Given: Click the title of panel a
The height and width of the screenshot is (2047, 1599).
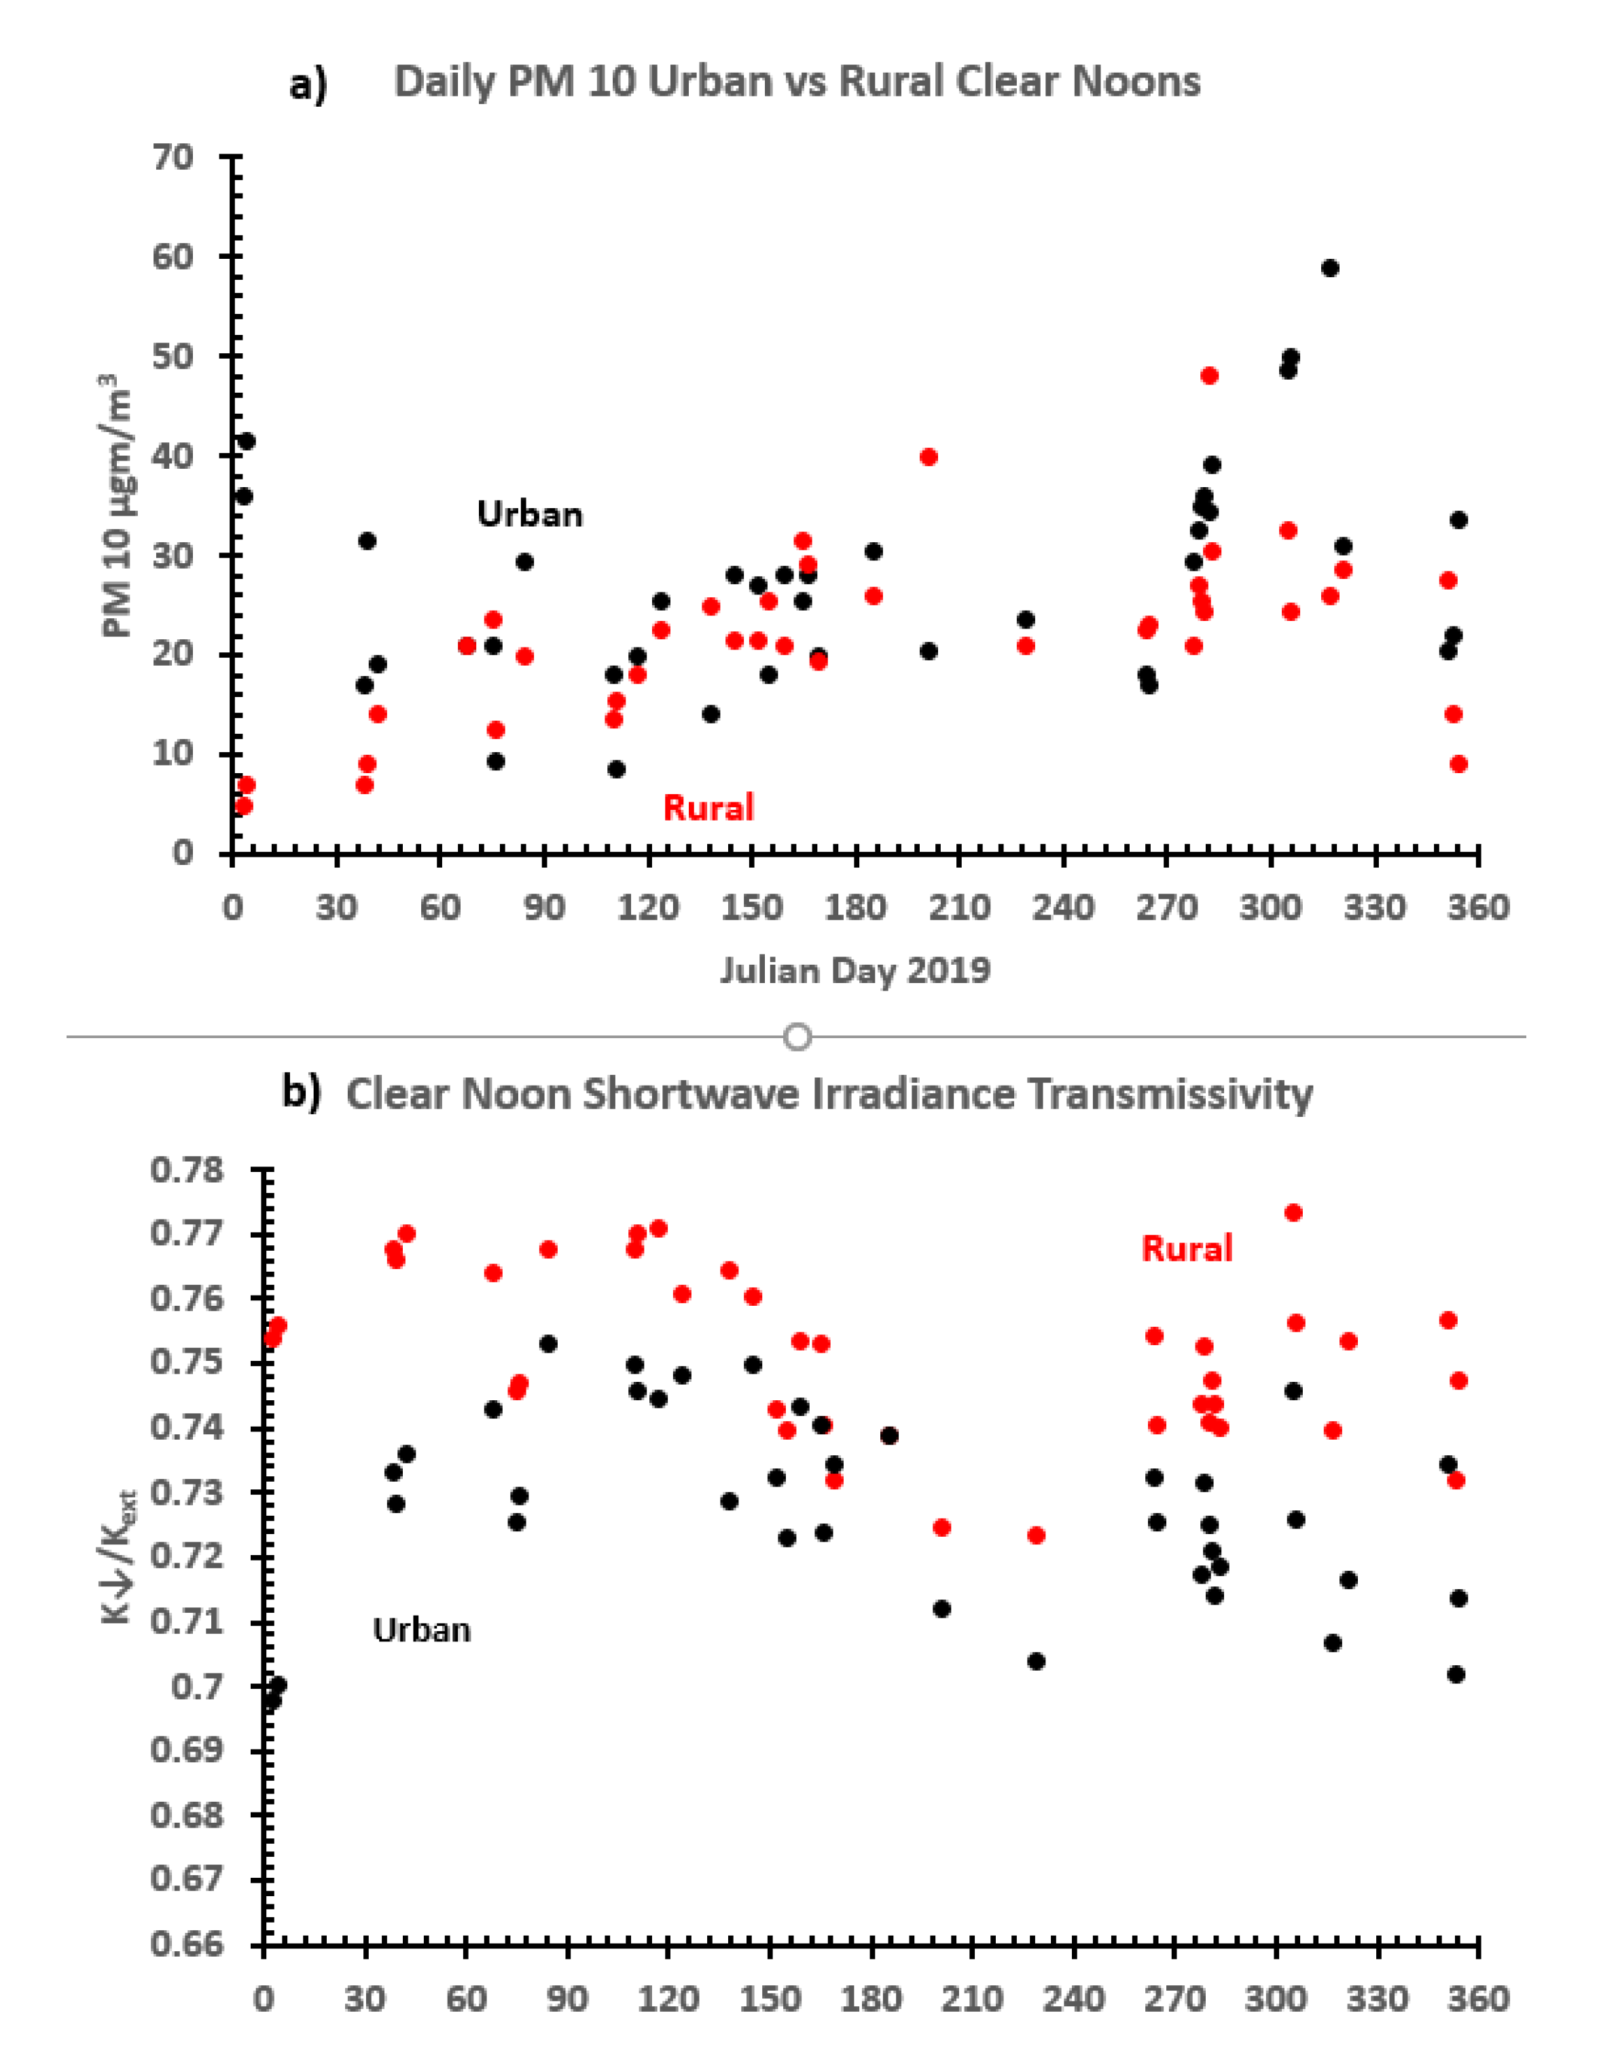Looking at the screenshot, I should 797,82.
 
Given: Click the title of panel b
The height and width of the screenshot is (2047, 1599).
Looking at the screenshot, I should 829,1094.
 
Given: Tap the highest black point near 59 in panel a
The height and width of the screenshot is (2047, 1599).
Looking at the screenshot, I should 1329,268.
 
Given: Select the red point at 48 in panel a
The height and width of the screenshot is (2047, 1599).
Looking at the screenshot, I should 1209,376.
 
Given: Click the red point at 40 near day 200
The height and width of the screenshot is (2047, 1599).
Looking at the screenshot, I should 929,457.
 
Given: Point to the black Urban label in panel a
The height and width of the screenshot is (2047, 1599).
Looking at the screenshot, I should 530,514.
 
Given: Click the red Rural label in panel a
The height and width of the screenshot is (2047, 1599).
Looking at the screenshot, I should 708,808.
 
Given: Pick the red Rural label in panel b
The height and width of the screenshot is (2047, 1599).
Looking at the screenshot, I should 1187,1249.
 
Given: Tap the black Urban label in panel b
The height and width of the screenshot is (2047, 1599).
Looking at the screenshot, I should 422,1631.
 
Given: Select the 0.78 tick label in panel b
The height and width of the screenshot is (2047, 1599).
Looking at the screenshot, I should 187,1171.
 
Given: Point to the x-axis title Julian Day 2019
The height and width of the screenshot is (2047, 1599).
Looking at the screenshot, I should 855,970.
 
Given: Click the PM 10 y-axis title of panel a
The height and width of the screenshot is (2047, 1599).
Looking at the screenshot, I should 116,506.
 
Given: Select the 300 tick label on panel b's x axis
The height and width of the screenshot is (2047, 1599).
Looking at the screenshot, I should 1276,2000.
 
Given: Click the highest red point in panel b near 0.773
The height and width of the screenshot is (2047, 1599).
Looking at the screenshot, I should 1293,1213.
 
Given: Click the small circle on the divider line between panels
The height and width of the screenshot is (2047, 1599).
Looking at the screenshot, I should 797,1037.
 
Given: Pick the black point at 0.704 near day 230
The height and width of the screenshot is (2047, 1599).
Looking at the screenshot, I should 1036,1662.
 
